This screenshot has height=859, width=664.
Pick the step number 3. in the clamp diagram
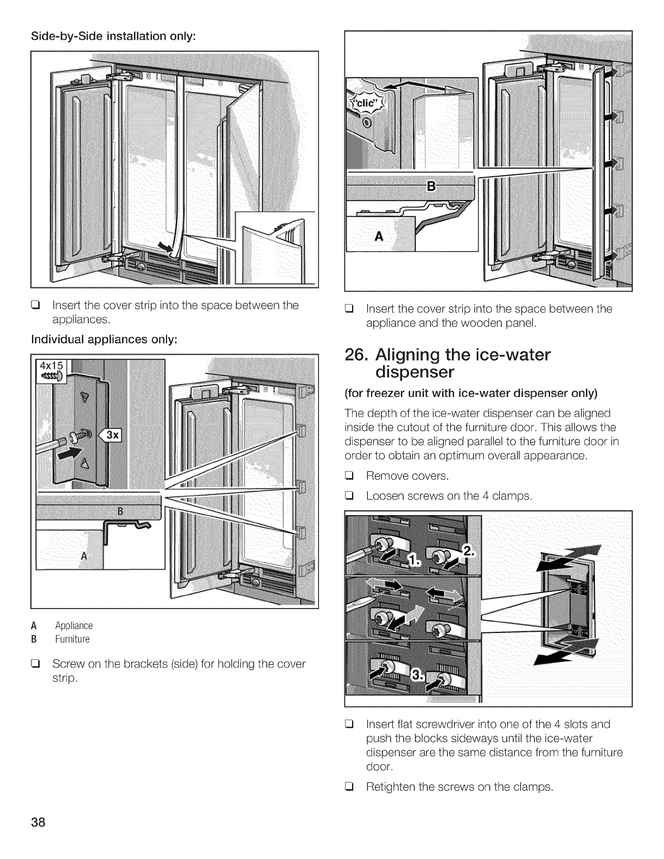pyautogui.click(x=418, y=674)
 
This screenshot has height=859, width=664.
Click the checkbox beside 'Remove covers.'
pyautogui.click(x=349, y=476)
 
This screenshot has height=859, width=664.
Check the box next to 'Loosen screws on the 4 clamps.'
pyautogui.click(x=349, y=496)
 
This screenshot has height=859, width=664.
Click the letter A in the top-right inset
pyautogui.click(x=379, y=236)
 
